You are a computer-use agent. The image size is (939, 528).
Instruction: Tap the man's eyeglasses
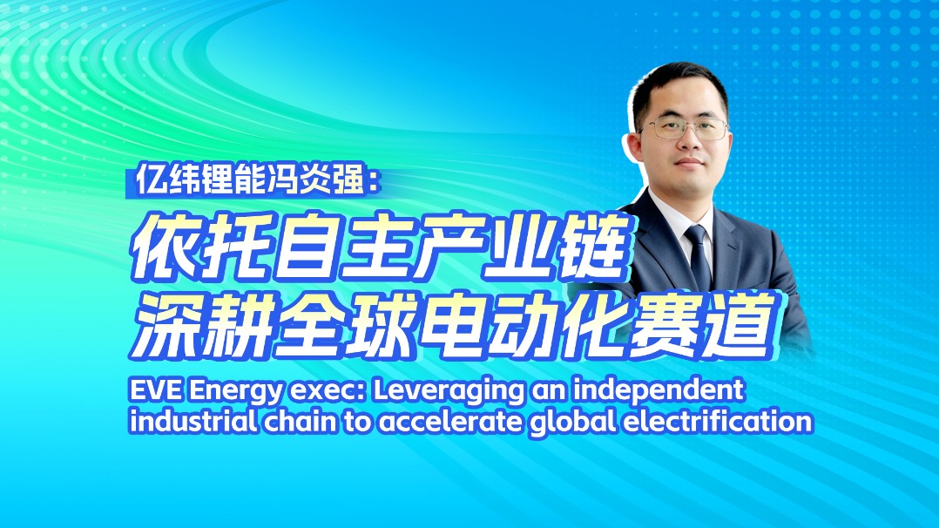[685, 127]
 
